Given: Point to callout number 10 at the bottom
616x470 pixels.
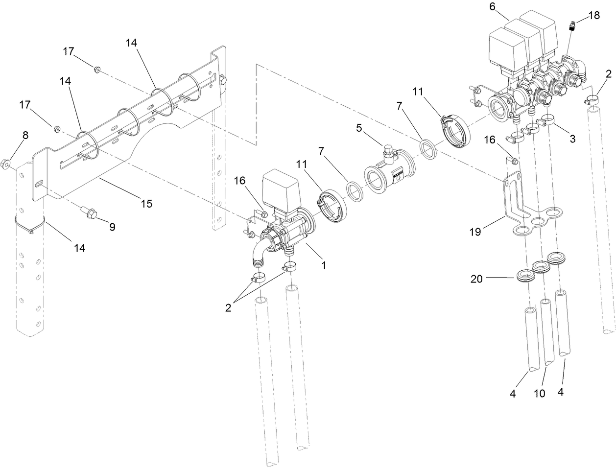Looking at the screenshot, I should (539, 394).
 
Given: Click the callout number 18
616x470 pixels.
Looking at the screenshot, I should (593, 15).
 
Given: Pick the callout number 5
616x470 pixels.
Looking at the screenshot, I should (359, 129).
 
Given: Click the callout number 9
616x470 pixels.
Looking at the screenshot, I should (112, 227).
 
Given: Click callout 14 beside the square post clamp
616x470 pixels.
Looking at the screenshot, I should (79, 248).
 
